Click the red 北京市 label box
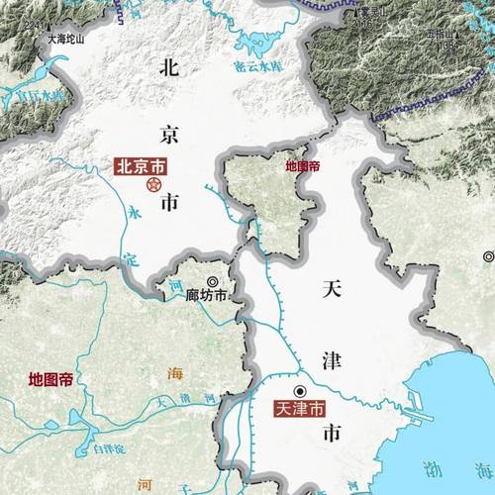click(x=141, y=166)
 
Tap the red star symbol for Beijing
click(x=153, y=184)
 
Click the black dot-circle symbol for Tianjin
click(x=299, y=390)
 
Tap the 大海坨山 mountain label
click(x=66, y=41)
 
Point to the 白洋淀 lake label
click(x=109, y=448)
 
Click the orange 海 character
click(x=175, y=373)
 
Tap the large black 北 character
click(x=169, y=68)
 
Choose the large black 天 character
click(x=333, y=289)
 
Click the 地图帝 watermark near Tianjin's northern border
click(x=302, y=166)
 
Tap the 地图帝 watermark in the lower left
click(x=49, y=379)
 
